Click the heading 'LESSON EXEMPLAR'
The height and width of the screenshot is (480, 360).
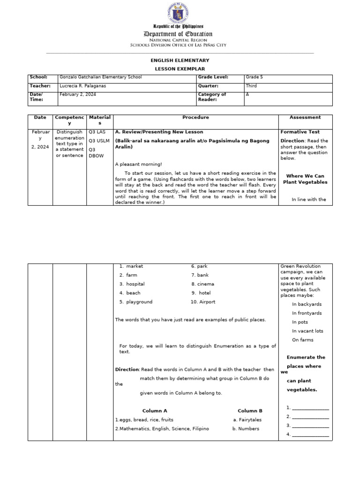pos(180,68)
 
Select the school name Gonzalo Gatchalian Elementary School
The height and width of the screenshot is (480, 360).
pos(100,77)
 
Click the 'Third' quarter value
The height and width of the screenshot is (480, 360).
pos(251,86)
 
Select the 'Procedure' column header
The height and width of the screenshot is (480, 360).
pos(195,117)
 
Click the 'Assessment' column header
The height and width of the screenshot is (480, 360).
pos(305,117)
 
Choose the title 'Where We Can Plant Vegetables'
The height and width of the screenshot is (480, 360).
pos(305,179)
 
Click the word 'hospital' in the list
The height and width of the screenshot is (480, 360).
pos(135,284)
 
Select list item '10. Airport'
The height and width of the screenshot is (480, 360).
pos(203,302)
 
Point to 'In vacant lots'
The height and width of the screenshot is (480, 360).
pos(307,331)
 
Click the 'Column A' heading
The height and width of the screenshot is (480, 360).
pos(155,411)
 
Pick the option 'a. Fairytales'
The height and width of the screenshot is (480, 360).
pos(247,420)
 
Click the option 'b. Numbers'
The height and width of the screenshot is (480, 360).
pos(246,428)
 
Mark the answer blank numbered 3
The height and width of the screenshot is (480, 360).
pos(310,426)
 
